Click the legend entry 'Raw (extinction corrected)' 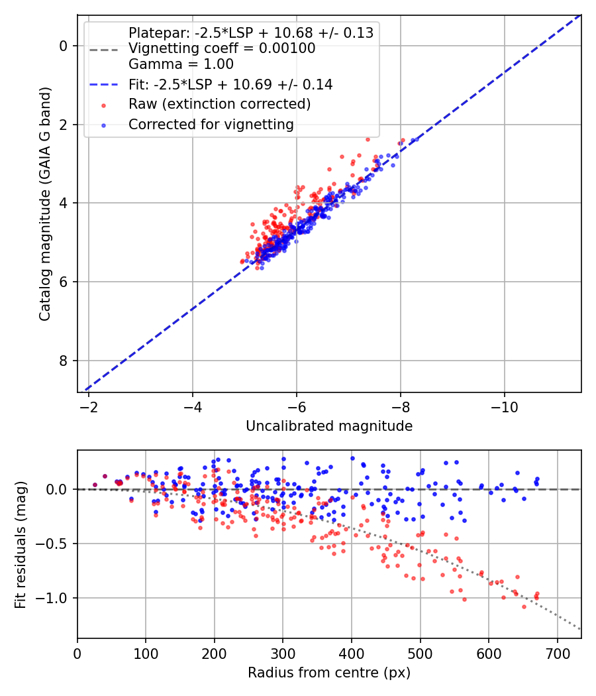click(219, 104)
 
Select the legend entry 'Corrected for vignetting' click(211, 125)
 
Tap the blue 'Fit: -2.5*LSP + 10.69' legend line click(104, 84)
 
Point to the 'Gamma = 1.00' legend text click(181, 64)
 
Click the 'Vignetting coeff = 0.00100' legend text click(222, 48)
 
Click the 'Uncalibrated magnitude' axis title click(329, 426)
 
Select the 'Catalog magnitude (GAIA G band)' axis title click(45, 203)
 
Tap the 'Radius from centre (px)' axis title click(329, 673)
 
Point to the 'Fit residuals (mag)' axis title click(21, 545)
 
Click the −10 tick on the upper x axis click(504, 406)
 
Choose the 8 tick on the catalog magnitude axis click(64, 361)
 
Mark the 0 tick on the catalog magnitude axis click(64, 46)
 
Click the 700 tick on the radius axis click(557, 654)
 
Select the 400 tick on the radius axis click(352, 654)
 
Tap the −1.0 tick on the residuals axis click(51, 598)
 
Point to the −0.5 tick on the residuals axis click(51, 544)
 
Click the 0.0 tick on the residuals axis click(57, 489)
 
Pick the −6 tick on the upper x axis click(296, 406)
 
